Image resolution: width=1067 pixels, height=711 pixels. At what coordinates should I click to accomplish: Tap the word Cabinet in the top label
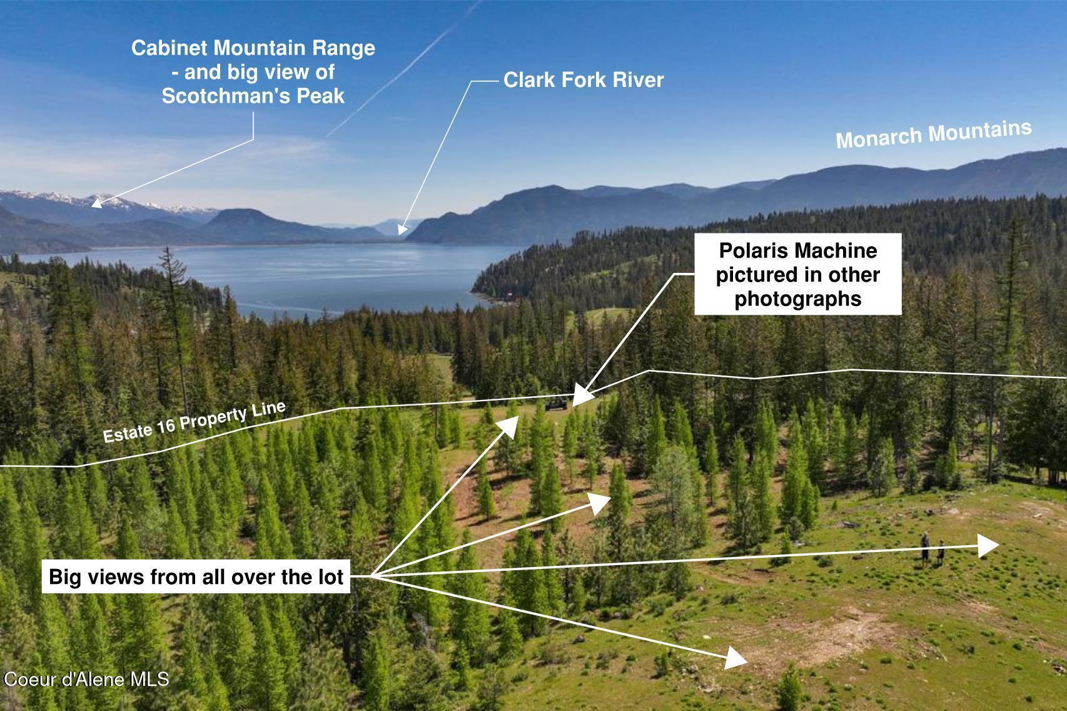tap(169, 48)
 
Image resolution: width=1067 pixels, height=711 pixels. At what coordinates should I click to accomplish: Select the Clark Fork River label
tap(584, 80)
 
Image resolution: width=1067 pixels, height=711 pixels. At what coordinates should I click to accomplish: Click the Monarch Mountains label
tap(934, 134)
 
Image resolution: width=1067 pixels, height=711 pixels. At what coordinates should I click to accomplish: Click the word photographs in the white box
tap(798, 299)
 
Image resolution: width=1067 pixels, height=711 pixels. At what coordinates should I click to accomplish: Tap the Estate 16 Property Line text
tap(195, 422)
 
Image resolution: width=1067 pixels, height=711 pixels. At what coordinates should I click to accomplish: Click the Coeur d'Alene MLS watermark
tap(86, 679)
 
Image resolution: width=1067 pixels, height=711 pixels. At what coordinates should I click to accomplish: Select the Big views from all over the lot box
tap(196, 576)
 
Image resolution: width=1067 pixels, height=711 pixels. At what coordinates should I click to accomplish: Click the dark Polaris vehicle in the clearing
tap(556, 404)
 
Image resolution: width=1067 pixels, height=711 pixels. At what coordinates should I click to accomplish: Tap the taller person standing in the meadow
tap(925, 550)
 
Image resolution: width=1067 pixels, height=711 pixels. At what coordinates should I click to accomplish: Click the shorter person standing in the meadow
tap(941, 553)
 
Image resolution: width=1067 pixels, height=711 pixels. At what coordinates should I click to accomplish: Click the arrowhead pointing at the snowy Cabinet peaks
tap(97, 203)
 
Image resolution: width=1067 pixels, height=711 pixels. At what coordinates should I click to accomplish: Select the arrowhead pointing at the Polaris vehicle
tap(582, 396)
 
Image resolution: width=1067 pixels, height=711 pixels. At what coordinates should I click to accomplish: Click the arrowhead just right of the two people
tap(988, 546)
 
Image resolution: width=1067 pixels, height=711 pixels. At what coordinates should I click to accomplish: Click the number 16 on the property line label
tap(166, 426)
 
